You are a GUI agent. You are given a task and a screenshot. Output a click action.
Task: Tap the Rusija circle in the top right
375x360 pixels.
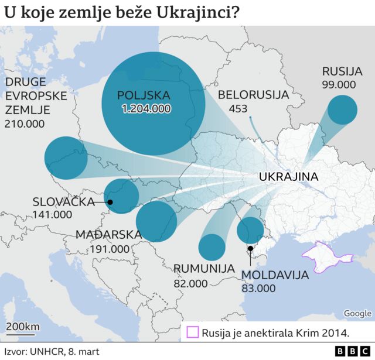pyautogui.click(x=342, y=109)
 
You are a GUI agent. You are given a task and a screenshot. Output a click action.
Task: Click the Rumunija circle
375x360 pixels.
pyautogui.click(x=212, y=246)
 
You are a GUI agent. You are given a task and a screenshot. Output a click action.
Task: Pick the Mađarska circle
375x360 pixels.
pyautogui.click(x=156, y=221)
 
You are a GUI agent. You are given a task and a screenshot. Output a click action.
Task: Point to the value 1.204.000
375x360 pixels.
pyautogui.click(x=146, y=108)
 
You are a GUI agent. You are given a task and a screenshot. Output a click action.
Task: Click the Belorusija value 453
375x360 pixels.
pyautogui.click(x=238, y=108)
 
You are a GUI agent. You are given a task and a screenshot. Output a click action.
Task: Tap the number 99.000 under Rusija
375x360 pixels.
pyautogui.click(x=339, y=84)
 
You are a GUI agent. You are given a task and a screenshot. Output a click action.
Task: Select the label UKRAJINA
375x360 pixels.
pyautogui.click(x=288, y=177)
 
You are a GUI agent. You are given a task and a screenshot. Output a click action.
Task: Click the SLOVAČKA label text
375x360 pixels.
pyautogui.click(x=64, y=202)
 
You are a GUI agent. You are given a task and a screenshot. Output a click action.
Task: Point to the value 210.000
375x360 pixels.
pyautogui.click(x=25, y=124)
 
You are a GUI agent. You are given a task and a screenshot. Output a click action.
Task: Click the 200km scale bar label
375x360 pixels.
pyautogui.click(x=23, y=325)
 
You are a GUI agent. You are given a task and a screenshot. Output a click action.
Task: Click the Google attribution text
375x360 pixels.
pyautogui.click(x=357, y=313)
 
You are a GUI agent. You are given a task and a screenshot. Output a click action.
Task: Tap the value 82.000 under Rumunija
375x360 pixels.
pyautogui.click(x=190, y=283)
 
